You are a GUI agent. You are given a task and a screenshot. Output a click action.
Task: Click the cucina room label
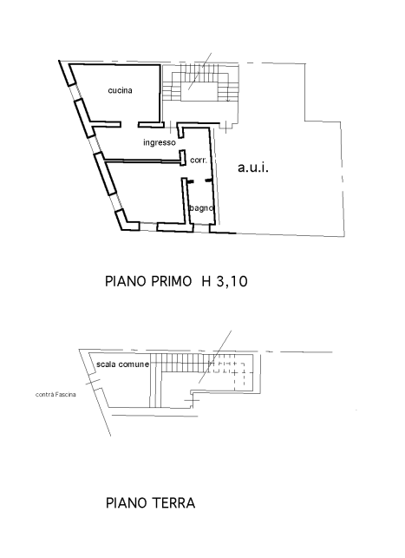click(121, 90)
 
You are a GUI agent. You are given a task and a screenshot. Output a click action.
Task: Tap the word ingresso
click(160, 142)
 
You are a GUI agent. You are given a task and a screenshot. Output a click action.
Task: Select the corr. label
click(199, 161)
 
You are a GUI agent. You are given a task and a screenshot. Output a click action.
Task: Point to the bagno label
click(201, 207)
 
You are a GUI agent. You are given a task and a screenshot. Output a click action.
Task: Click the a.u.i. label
click(253, 167)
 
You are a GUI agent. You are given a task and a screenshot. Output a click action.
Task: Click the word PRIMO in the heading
click(171, 281)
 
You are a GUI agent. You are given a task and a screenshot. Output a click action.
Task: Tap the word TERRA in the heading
click(174, 502)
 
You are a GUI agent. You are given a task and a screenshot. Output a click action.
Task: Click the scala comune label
click(122, 364)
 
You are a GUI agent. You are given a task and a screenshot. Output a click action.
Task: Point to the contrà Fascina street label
click(56, 394)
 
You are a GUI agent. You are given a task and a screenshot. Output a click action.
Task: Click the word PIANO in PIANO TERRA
click(127, 502)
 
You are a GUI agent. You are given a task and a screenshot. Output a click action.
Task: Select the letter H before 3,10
click(206, 281)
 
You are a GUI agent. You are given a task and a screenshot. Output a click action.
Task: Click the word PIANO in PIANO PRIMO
click(126, 281)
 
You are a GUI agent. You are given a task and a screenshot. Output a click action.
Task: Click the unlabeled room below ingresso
click(146, 192)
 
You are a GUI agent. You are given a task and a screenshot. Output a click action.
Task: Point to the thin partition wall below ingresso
click(142, 161)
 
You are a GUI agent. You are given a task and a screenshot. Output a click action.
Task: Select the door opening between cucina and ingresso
click(129, 124)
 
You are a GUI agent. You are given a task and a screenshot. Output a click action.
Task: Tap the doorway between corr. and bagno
click(199, 181)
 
